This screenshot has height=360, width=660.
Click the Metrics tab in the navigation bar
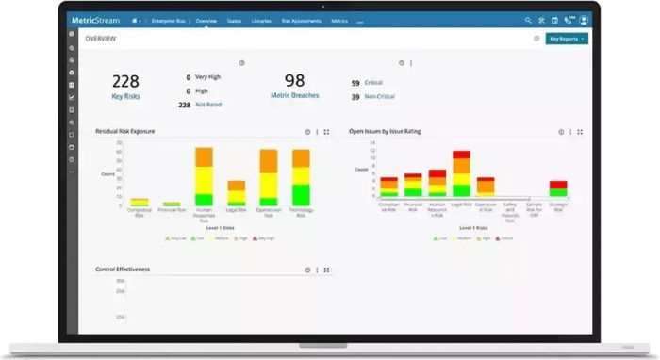pos(339,20)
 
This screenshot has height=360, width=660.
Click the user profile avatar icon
pos(585,20)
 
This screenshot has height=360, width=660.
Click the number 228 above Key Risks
pos(125,81)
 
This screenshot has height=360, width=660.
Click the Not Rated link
pos(209,105)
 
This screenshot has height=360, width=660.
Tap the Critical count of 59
pos(355,83)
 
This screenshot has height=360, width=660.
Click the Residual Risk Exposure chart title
pos(125,131)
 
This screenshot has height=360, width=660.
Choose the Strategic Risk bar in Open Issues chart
pos(558,188)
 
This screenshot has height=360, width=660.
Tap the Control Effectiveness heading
pos(123,269)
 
